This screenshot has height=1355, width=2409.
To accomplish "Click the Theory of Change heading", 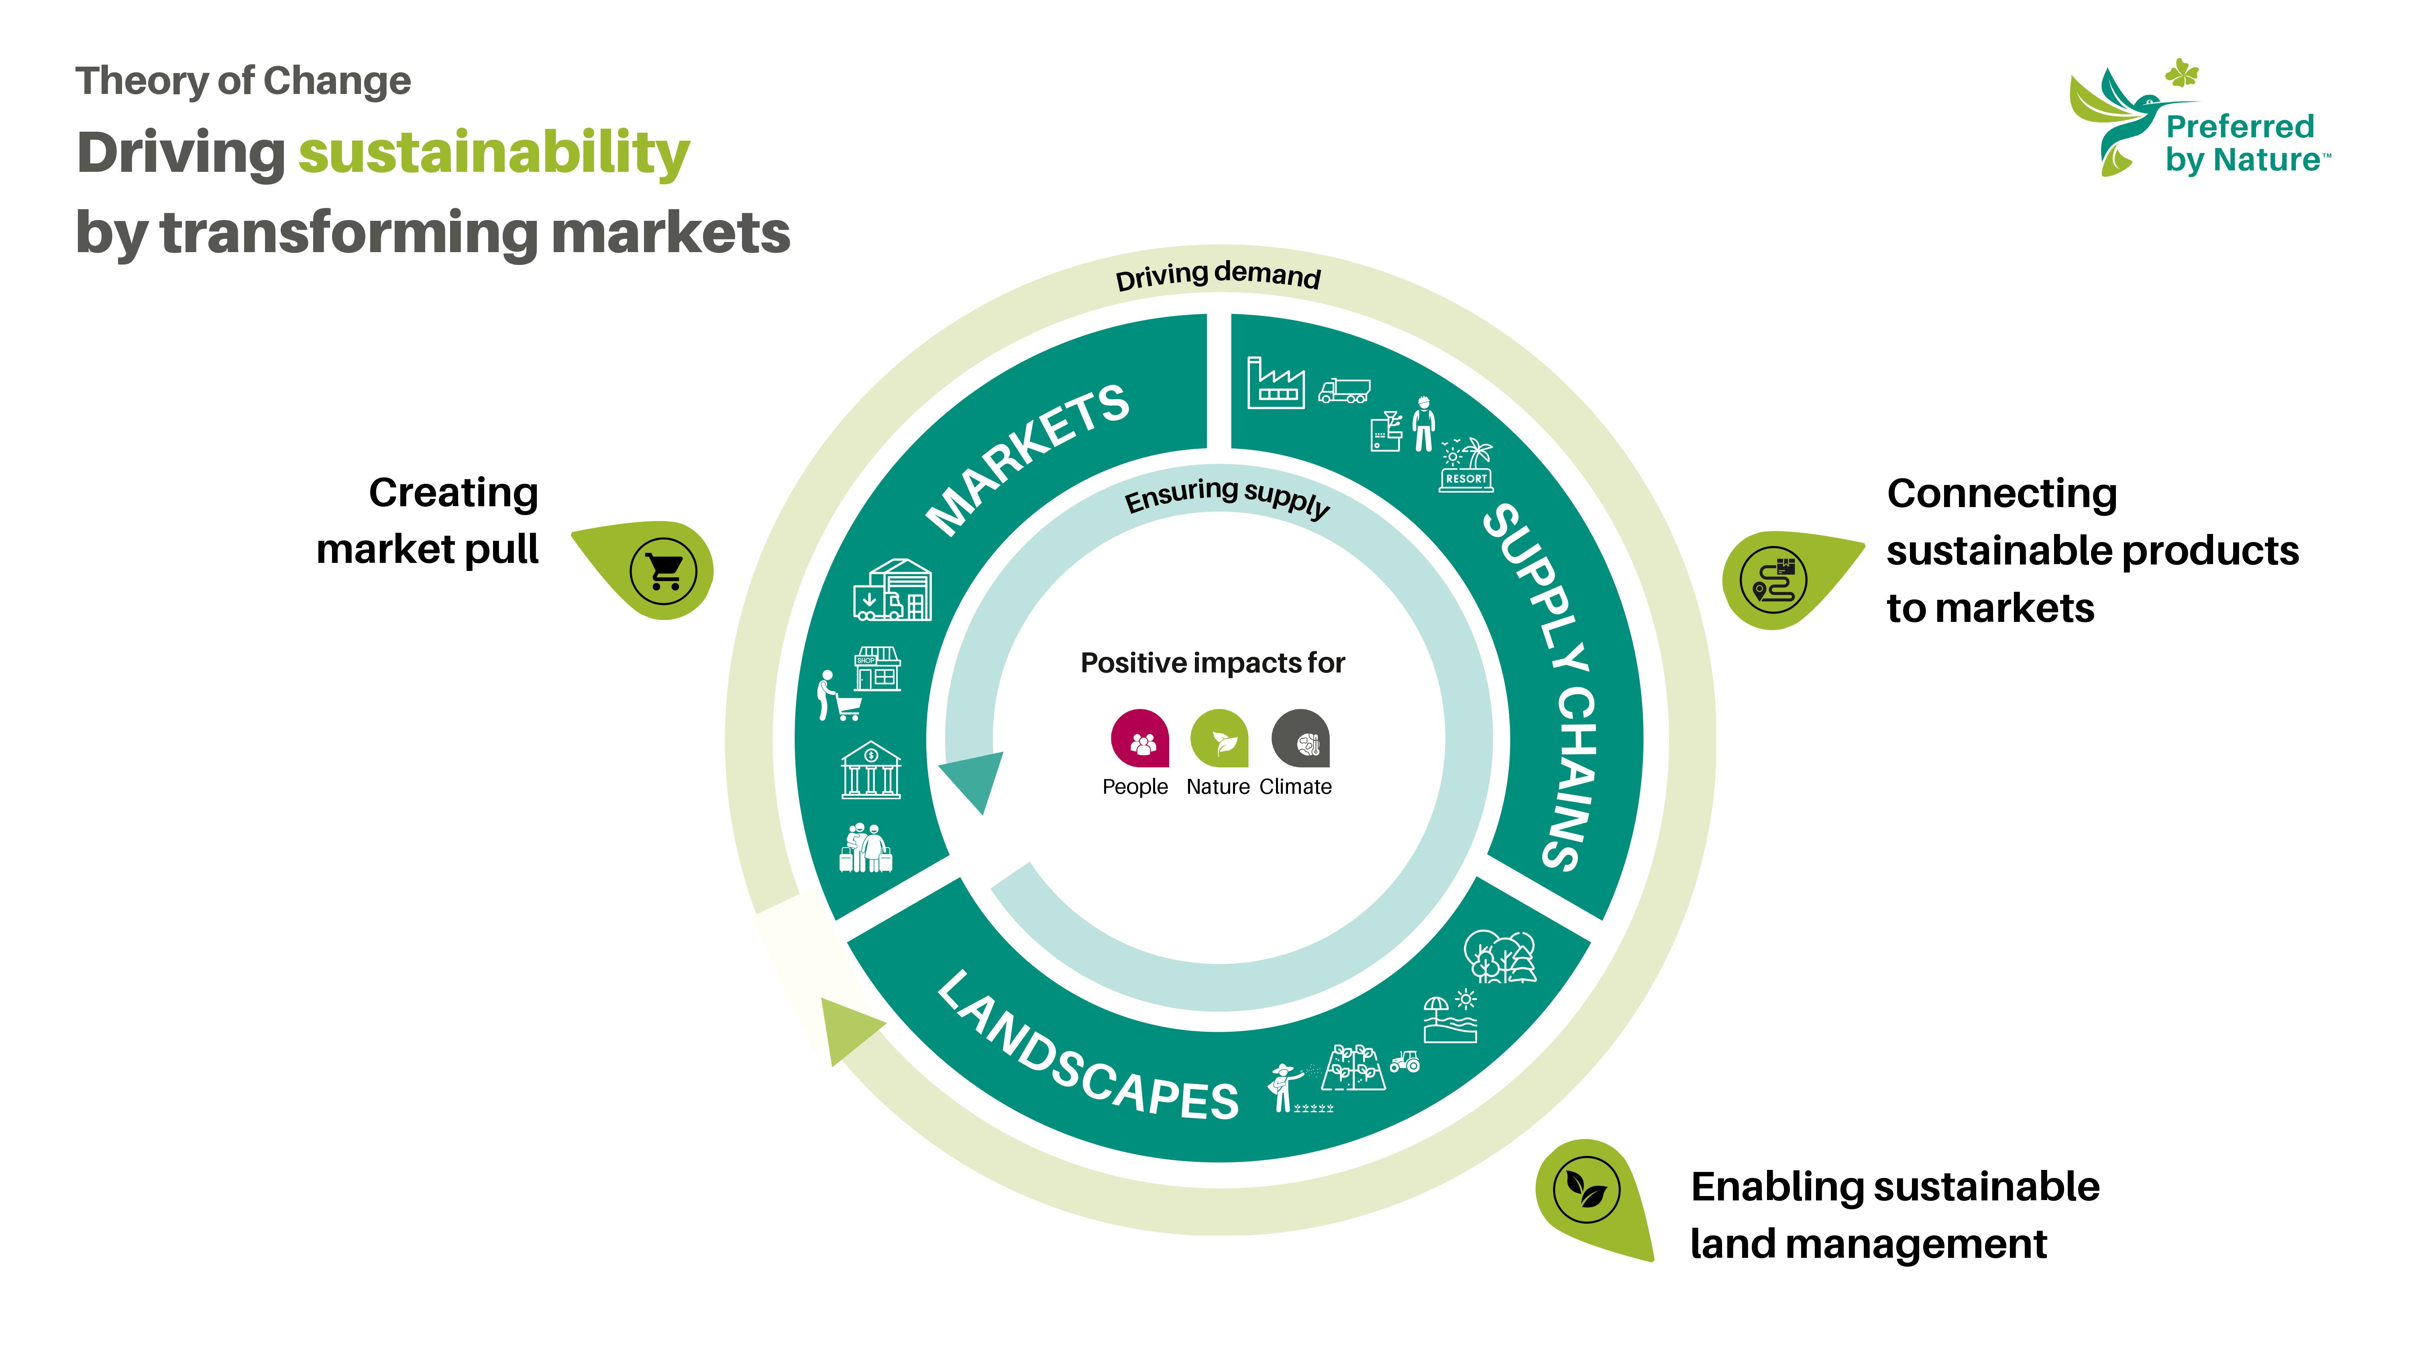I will point(243,82).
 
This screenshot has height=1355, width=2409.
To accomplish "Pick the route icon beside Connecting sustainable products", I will point(1773,580).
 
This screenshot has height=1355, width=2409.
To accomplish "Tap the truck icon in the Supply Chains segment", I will point(1344,391).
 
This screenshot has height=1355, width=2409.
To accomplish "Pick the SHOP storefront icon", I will point(877,668).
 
